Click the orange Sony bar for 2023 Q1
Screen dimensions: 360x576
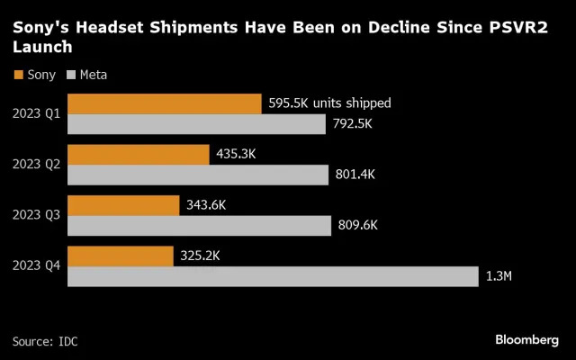164,103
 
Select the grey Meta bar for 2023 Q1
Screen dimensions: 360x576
196,124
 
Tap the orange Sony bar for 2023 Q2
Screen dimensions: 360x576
138,154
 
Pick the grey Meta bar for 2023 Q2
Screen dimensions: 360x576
198,175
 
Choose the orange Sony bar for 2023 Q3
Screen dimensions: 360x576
123,205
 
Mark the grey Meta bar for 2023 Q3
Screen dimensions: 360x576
199,226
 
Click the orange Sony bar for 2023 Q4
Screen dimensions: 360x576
121,256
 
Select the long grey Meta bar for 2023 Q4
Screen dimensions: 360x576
273,276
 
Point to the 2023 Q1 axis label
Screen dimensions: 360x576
36,113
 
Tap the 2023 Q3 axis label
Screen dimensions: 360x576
36,216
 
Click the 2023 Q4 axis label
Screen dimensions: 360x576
36,266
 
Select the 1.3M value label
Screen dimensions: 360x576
499,277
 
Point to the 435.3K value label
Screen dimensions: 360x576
237,155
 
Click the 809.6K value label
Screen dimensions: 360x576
358,226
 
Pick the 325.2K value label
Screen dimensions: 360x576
199,256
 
